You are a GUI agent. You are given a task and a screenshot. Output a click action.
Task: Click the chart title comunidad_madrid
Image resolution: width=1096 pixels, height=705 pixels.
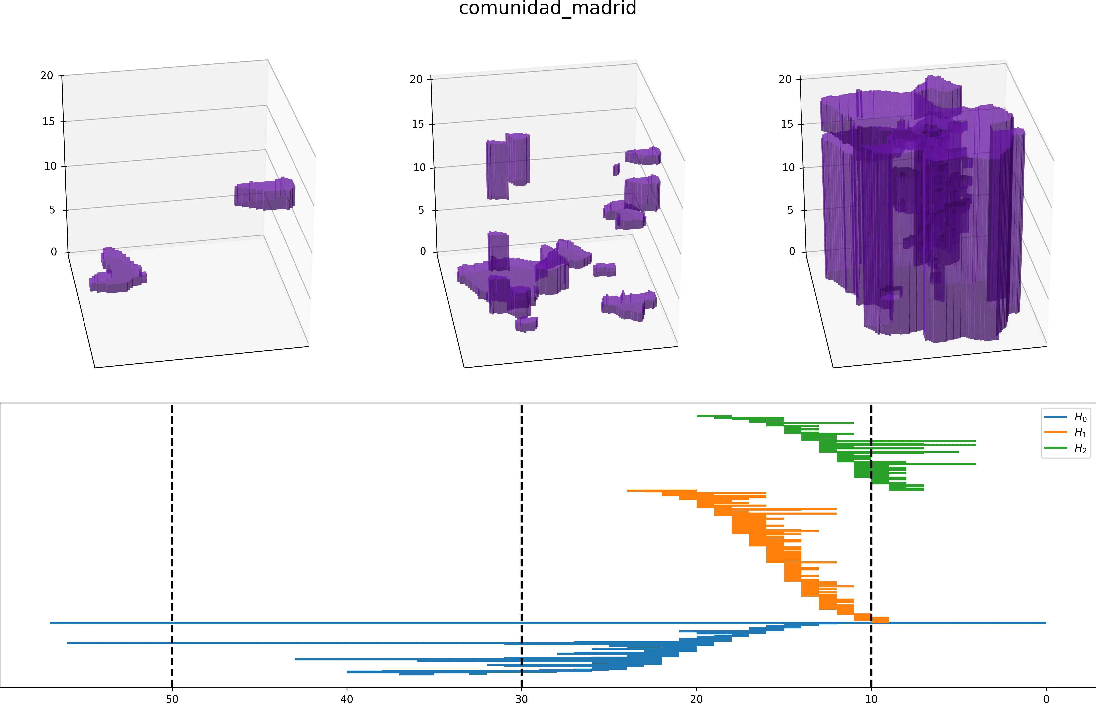(548, 8)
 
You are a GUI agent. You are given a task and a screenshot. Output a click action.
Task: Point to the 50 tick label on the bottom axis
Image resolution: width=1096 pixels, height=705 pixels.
(172, 699)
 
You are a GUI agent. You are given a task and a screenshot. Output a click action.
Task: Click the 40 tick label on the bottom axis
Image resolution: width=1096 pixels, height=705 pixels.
(347, 699)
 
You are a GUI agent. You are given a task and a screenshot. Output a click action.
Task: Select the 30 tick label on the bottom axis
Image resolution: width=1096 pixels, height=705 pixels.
(521, 699)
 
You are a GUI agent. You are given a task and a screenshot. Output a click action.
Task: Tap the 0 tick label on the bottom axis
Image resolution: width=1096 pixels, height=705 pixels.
(1046, 699)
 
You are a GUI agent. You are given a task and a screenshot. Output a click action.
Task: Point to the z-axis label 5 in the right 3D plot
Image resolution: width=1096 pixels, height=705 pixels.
(790, 210)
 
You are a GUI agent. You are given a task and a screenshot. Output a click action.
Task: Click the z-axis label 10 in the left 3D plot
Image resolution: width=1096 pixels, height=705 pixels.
(50, 166)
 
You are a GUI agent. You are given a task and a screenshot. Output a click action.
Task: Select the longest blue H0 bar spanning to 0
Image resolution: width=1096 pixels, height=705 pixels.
(549, 623)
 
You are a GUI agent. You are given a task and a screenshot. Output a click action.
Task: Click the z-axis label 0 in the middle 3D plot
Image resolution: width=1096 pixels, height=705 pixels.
(423, 251)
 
